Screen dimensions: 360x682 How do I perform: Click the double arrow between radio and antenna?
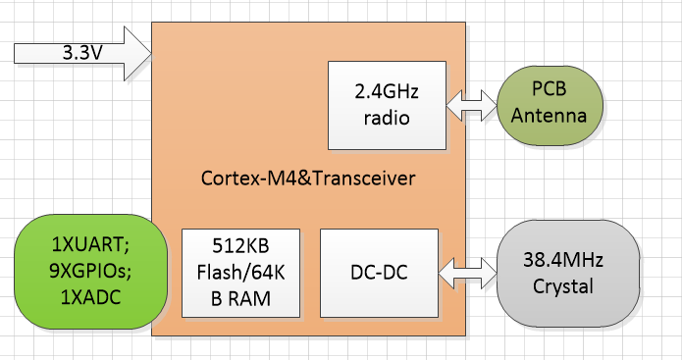click(x=472, y=105)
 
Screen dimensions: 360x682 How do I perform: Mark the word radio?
click(x=387, y=118)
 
